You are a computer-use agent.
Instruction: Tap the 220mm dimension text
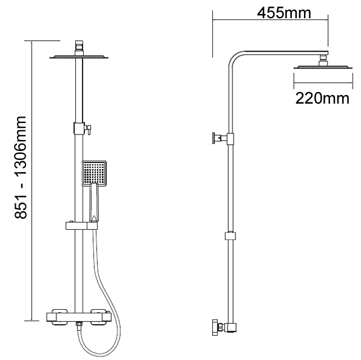(322, 98)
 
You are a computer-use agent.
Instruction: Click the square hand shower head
(95, 172)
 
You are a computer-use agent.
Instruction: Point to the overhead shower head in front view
(79, 57)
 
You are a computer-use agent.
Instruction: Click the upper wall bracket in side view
(218, 139)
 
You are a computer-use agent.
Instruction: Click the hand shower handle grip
(94, 203)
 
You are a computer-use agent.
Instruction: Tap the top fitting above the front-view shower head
(79, 45)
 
